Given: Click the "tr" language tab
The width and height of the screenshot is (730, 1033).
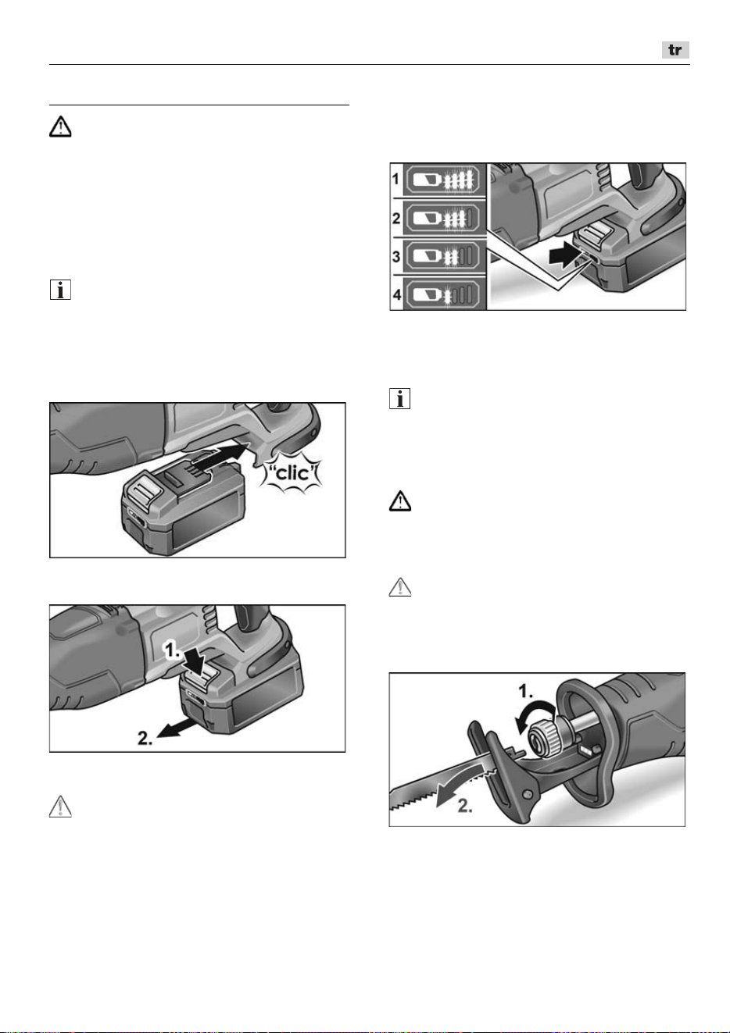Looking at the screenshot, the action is (x=675, y=50).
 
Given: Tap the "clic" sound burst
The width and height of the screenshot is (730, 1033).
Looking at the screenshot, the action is (x=291, y=473).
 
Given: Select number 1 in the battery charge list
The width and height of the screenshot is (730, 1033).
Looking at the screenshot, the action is (x=395, y=179).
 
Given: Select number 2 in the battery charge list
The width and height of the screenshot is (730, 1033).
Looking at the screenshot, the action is (x=396, y=218).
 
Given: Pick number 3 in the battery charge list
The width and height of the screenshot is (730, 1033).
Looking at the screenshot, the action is (x=396, y=256).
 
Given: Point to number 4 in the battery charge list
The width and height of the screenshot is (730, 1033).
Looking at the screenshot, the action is (x=396, y=294).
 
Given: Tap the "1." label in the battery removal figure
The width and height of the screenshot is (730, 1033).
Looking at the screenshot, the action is (x=174, y=650).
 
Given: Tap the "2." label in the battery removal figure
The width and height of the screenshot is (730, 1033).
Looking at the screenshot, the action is (x=145, y=739).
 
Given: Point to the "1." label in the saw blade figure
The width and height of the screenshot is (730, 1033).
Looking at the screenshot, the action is (x=526, y=691).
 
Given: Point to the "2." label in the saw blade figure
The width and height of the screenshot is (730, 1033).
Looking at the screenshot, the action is (x=465, y=806).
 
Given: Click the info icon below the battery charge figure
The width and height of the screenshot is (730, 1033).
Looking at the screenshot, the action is (x=400, y=398).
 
